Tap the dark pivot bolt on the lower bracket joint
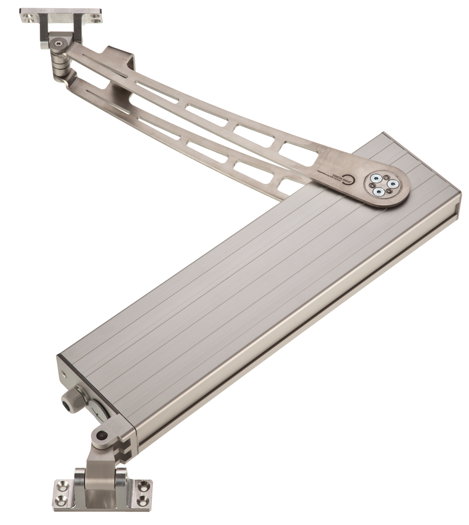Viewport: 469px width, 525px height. click(x=102, y=435)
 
